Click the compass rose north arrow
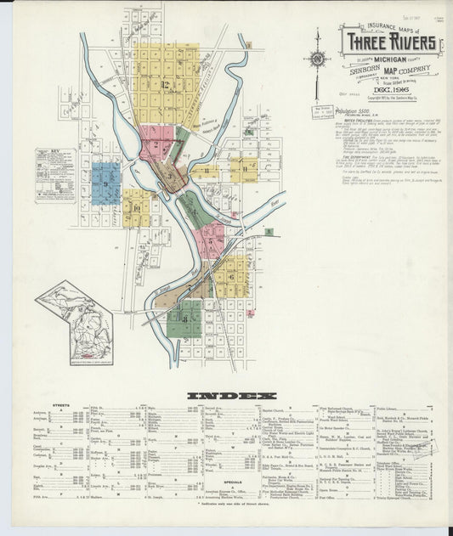tap(317, 59)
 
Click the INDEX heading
tap(231, 396)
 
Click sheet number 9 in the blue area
tap(105, 183)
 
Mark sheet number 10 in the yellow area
tap(134, 206)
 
